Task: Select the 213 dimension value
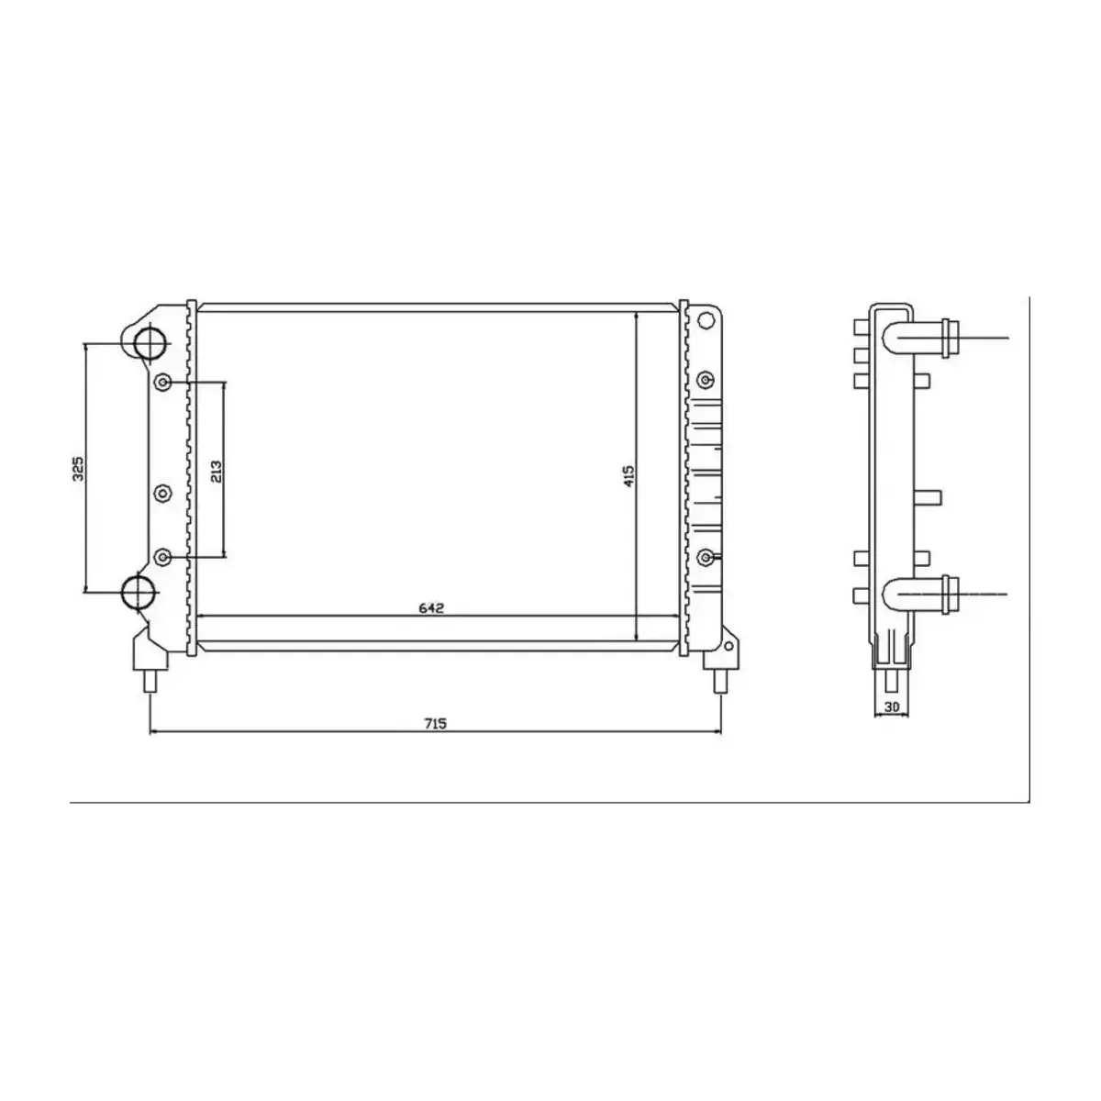click(216, 471)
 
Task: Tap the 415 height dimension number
click(628, 475)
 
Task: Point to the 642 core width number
click(431, 607)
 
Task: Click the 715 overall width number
click(435, 724)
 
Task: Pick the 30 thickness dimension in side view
click(890, 706)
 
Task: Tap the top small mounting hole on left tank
click(163, 383)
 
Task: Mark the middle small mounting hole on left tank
click(162, 494)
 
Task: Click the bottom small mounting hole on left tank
click(163, 557)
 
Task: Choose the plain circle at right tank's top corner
click(705, 320)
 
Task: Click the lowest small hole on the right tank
click(706, 557)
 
